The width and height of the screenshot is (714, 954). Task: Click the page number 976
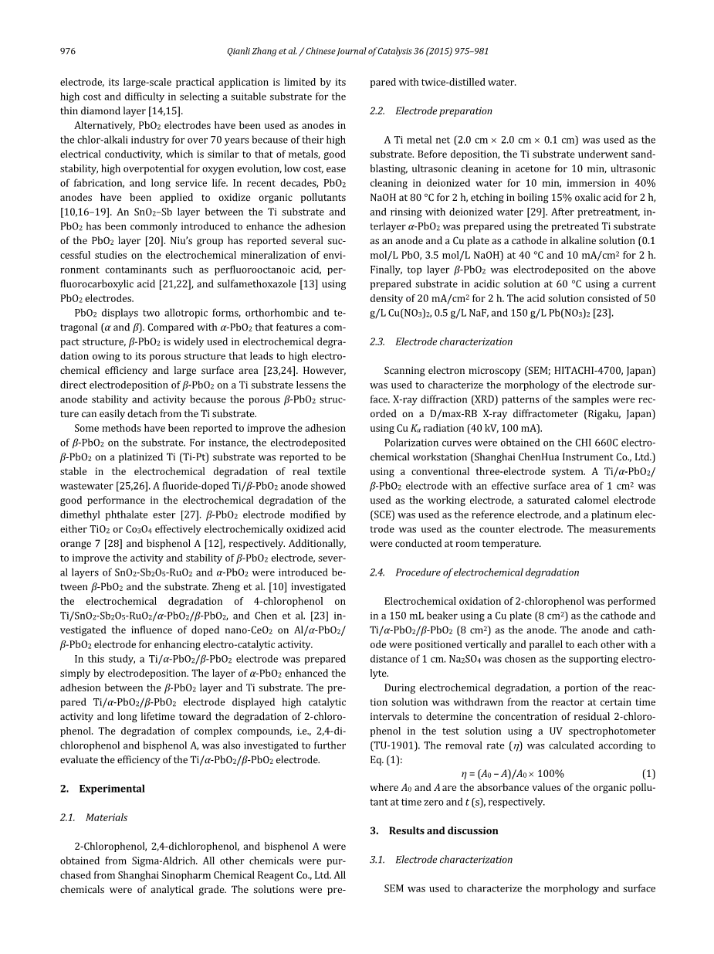[68, 52]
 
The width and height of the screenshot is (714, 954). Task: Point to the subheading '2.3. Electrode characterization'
[441, 341]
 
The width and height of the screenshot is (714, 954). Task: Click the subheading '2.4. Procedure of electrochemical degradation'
[474, 572]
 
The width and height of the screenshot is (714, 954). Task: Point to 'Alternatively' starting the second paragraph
[103, 125]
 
